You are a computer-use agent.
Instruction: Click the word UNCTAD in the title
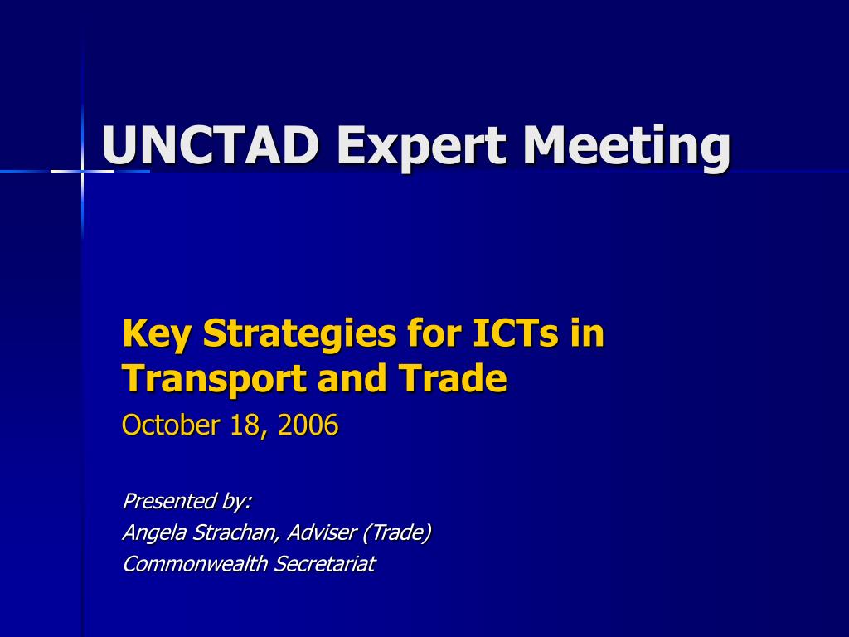coord(211,146)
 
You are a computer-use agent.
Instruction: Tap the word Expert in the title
coord(421,146)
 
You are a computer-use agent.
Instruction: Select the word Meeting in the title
coord(626,146)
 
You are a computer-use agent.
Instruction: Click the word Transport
coord(212,379)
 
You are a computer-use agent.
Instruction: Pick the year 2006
coord(308,425)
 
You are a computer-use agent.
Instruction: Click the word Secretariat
coord(324,564)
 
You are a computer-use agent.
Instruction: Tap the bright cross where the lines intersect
coord(82,171)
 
